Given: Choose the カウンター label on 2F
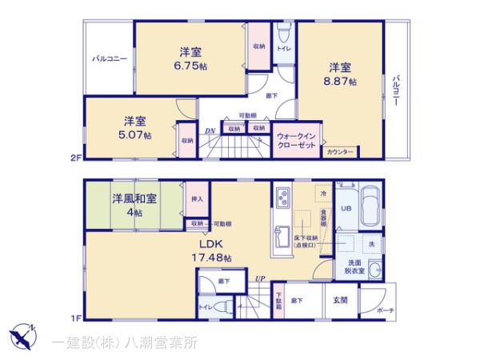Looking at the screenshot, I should point(340,151).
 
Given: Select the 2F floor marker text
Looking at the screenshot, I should point(75,158).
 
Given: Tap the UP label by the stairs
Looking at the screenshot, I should point(260,278).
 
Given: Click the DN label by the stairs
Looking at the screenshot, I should point(210,132).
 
